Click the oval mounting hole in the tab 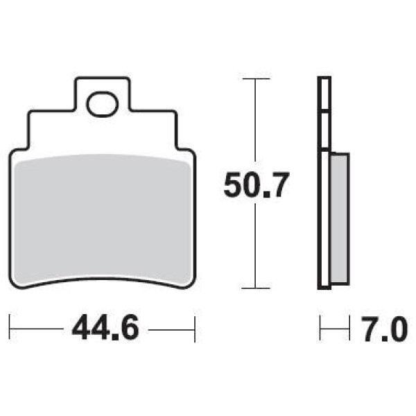pos(102,104)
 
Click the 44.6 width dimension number pos(105,328)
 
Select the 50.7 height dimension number pos(255,185)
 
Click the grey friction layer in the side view pos(340,218)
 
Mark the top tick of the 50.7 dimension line pos(256,79)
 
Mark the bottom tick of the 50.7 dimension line pos(256,288)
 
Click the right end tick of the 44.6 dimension pos(195,329)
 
